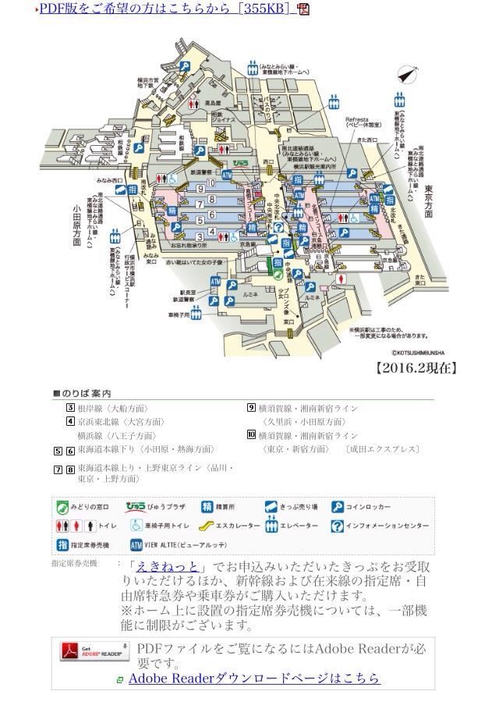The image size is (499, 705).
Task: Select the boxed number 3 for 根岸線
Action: [70, 408]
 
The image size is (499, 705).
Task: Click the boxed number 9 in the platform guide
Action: [251, 408]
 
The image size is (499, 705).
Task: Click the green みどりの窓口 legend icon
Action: [62, 507]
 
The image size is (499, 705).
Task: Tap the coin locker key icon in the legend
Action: [338, 507]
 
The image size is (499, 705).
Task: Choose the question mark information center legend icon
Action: [338, 526]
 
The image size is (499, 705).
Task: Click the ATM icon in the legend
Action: [136, 544]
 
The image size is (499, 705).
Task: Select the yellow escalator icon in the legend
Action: [201, 526]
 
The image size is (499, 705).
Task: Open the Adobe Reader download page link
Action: [254, 678]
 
